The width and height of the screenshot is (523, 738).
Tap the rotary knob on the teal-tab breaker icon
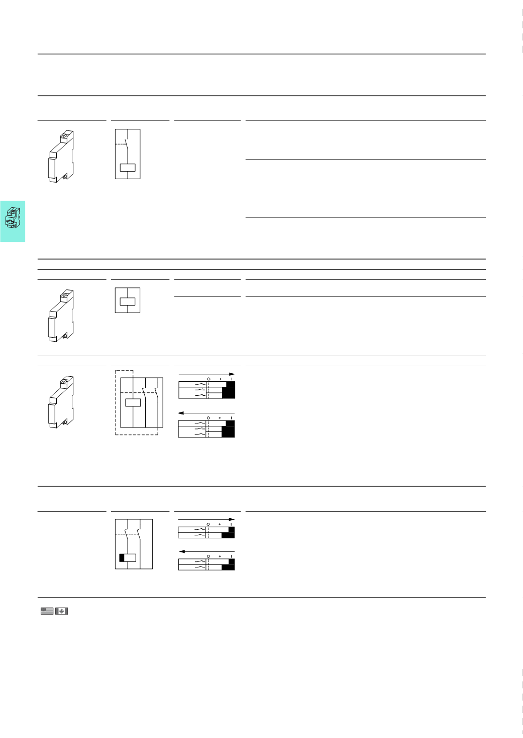pos(10,220)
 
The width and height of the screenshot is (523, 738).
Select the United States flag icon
pos(47,611)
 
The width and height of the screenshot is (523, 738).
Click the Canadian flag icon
pos(62,611)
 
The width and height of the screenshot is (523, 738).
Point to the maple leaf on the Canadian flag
pos(62,611)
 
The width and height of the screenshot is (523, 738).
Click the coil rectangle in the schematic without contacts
pos(128,302)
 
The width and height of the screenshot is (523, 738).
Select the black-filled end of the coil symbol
pos(122,557)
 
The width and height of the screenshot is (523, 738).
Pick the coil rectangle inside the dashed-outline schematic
pos(132,402)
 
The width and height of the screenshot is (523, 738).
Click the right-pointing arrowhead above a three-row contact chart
pos(232,374)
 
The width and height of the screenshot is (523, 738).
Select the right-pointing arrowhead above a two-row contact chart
pos(232,519)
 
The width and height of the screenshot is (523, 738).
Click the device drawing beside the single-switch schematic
pos(61,157)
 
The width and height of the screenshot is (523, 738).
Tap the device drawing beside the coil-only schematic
pos(61,316)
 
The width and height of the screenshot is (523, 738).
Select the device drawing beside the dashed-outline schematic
pos(61,402)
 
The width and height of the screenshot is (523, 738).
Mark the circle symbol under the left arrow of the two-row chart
pos(208,556)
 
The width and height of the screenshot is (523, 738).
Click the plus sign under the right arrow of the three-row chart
pos(220,378)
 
